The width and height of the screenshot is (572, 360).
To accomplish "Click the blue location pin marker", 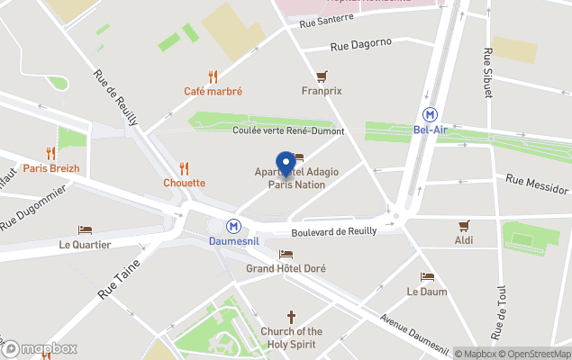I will pyautogui.click(x=286, y=164).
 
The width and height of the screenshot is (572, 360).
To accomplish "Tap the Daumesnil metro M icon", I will pyautogui.click(x=234, y=227).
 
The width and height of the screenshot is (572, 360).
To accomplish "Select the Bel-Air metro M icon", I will pyautogui.click(x=432, y=114).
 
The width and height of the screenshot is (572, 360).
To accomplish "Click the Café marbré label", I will pyautogui.click(x=213, y=91).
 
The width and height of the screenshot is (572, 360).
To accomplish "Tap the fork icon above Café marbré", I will pyautogui.click(x=213, y=76).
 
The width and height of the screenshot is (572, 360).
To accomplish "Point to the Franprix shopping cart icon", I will pyautogui.click(x=322, y=76).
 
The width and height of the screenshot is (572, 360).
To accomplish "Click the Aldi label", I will pyautogui.click(x=464, y=240).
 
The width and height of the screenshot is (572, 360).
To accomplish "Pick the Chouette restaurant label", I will pyautogui.click(x=184, y=183).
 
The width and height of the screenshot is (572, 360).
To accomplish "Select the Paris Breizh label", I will pyautogui.click(x=51, y=168).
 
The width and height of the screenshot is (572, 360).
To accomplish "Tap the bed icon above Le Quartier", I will pyautogui.click(x=85, y=230).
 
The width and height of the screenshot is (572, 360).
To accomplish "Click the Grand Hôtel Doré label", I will pyautogui.click(x=286, y=268).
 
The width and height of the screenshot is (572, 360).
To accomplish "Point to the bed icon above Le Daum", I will pyautogui.click(x=427, y=277).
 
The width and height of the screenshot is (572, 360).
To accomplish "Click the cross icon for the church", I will pyautogui.click(x=291, y=317).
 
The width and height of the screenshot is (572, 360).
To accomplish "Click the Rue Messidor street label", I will pyautogui.click(x=537, y=184).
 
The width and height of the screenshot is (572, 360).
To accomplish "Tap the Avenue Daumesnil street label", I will pyautogui.click(x=414, y=334).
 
